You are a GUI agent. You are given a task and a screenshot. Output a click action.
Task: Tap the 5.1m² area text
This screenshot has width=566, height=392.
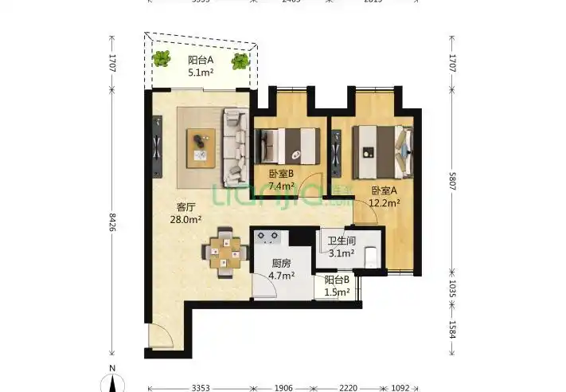200,73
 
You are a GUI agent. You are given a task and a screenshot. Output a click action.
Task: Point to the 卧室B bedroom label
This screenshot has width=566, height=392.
281,174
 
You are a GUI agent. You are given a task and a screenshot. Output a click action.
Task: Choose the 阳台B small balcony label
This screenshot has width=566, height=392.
338,280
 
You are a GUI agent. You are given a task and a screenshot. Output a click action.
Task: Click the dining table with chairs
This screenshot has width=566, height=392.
226,253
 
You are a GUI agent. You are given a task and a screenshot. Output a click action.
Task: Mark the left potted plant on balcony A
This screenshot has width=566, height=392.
162,57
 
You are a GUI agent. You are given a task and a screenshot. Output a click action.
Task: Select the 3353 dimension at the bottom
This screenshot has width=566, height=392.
201,388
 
